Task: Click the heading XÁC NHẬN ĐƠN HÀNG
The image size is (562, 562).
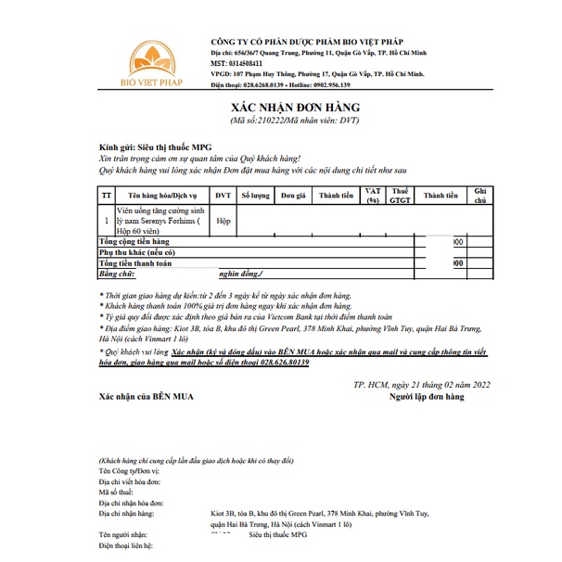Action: click(x=294, y=109)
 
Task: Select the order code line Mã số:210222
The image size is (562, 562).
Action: click(x=294, y=121)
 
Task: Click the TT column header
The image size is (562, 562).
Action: click(x=107, y=197)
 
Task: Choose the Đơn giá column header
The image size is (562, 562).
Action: click(x=294, y=197)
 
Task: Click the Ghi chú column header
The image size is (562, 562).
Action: click(x=479, y=197)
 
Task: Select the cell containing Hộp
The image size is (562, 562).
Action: click(x=223, y=223)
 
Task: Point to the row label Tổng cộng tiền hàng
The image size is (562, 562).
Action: click(x=141, y=241)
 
